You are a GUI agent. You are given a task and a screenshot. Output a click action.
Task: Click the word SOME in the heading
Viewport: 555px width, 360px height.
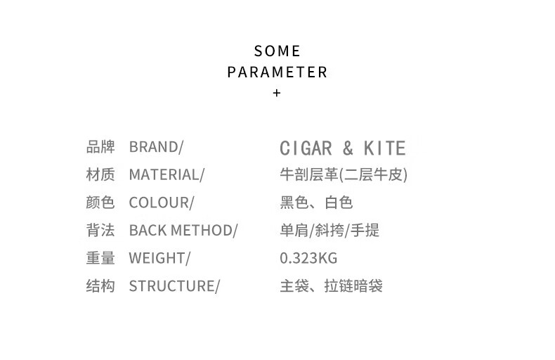tap(277, 51)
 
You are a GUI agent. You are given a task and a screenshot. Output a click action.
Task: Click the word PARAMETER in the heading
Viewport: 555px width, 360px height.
tap(277, 72)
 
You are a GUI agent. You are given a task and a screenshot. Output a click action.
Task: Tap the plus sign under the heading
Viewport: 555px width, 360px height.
tap(277, 93)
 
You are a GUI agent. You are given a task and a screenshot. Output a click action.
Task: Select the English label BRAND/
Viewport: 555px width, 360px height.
tap(156, 147)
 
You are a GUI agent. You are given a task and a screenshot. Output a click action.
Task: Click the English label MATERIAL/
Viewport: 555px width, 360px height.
tap(166, 174)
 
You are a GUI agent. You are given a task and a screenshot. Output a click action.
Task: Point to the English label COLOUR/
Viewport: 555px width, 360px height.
tap(162, 202)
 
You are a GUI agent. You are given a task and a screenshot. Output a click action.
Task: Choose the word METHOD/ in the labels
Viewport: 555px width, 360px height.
tap(204, 231)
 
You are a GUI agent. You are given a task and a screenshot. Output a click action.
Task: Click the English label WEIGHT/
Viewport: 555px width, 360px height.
tap(159, 258)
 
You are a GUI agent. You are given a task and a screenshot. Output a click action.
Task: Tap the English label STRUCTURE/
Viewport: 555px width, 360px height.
tap(174, 286)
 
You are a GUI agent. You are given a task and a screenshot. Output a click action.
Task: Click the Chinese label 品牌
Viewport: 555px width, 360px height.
tap(100, 147)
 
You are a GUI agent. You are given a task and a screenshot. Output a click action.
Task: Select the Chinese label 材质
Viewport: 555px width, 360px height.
tap(100, 174)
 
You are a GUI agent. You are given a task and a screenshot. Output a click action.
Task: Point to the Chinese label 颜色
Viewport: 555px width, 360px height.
tap(100, 202)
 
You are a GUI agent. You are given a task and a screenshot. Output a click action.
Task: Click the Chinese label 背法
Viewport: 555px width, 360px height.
tap(100, 231)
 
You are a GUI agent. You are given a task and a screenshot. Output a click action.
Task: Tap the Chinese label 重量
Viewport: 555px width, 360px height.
tap(100, 258)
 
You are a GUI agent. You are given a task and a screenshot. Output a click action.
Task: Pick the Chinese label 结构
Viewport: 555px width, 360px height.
tap(100, 286)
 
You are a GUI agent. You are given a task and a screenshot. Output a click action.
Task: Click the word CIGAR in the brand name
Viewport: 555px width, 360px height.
tap(306, 148)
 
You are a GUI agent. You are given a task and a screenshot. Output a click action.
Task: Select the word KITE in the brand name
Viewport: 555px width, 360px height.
tap(385, 148)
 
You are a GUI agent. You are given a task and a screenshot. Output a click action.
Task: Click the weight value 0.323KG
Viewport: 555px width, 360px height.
tap(308, 258)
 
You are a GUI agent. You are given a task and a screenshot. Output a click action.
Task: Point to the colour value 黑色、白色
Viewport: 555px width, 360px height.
tap(316, 202)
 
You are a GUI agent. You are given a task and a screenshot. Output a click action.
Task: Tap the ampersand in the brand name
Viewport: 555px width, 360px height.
tap(348, 148)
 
